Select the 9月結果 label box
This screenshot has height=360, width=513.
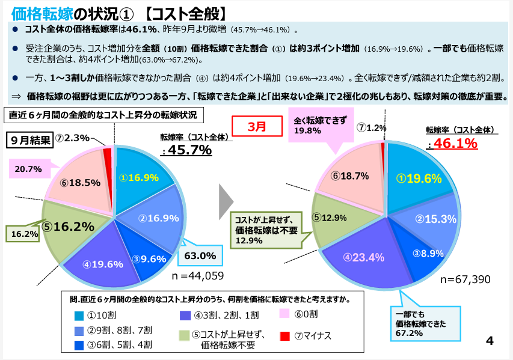point(30,139)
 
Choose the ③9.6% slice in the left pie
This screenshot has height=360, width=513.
point(149,259)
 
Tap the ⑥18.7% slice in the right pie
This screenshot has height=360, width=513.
point(349,175)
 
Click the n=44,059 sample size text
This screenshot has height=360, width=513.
point(198,276)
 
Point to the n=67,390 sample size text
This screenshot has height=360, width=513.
point(465,279)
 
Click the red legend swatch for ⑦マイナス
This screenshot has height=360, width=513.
point(285,335)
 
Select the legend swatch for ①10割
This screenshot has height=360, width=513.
point(79,315)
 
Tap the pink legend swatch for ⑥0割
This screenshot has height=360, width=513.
point(285,314)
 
